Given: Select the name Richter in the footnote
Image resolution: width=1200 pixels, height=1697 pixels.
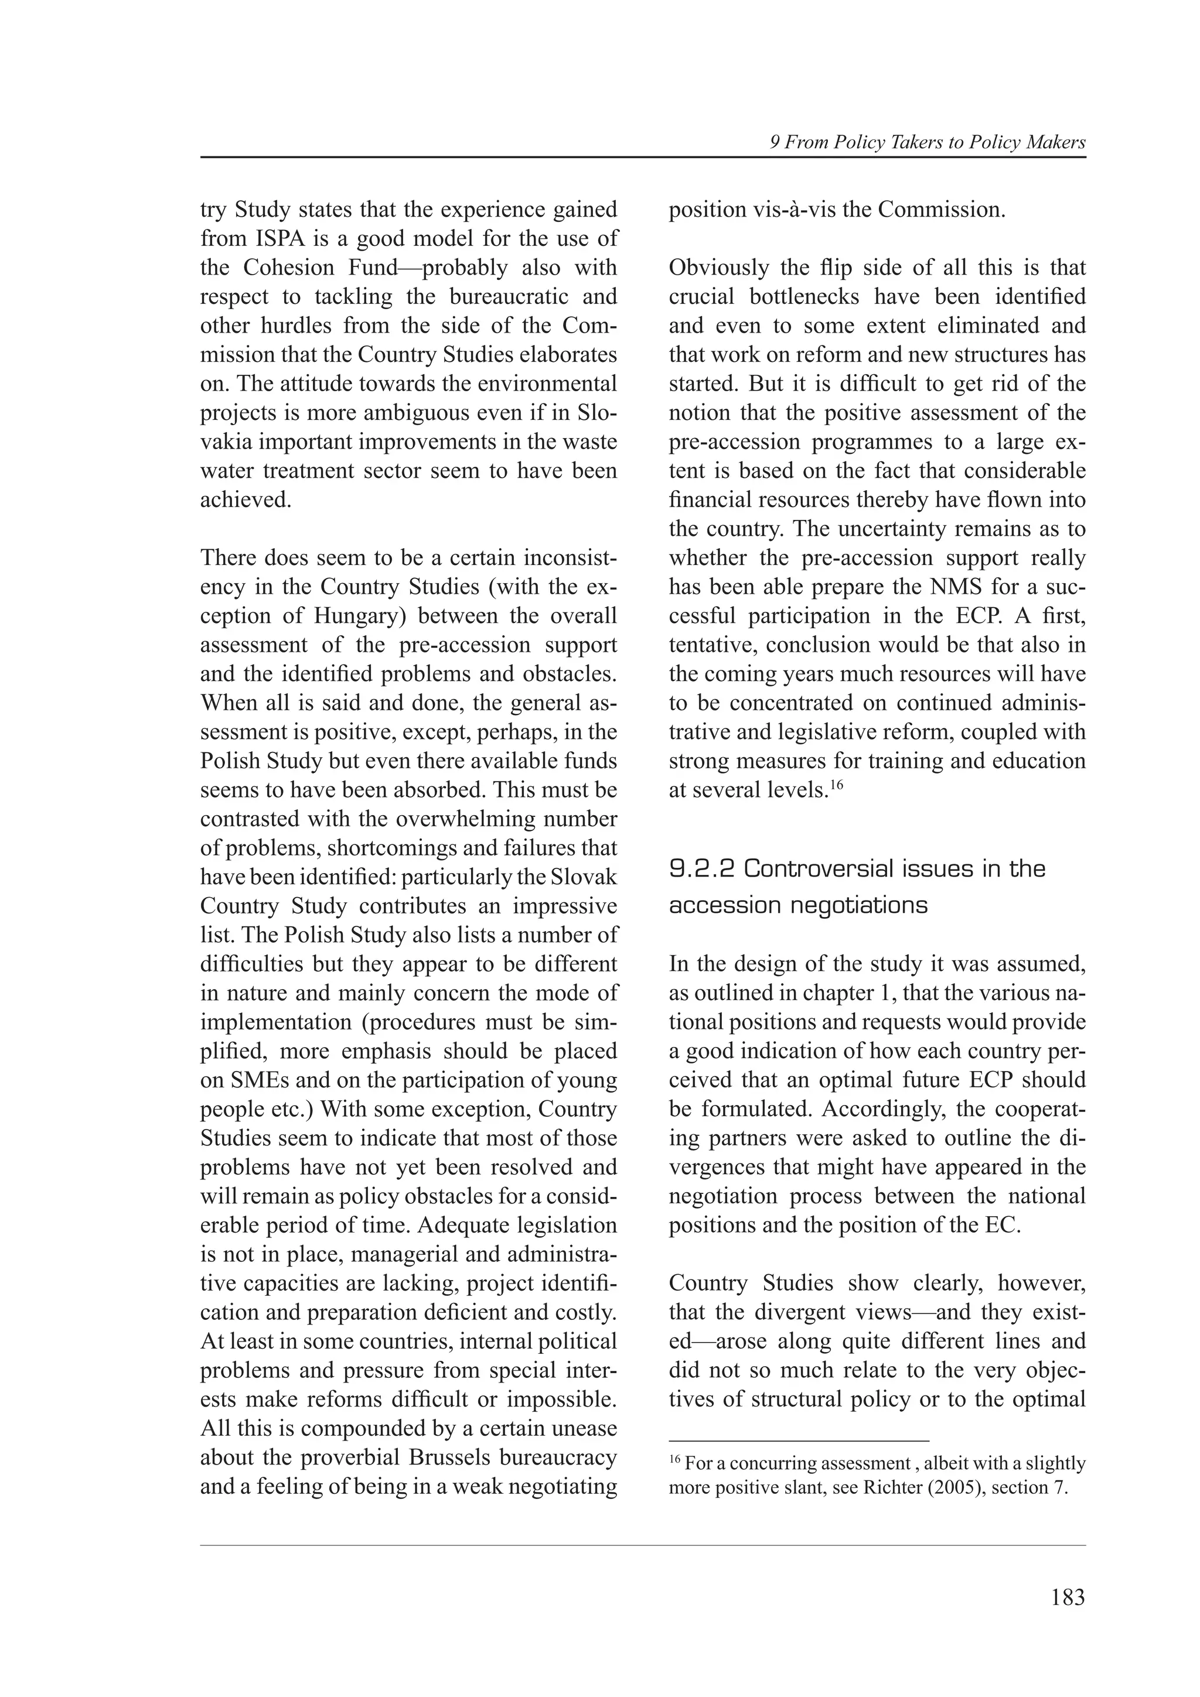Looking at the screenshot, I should tap(887, 1487).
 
